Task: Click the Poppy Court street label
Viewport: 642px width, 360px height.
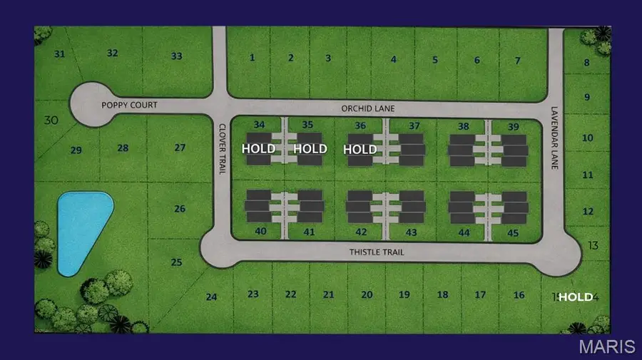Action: [x=129, y=105]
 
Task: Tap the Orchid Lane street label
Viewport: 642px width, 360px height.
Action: [x=368, y=108]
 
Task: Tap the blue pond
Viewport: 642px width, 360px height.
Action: [x=80, y=228]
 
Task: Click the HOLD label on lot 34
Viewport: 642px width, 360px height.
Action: [x=258, y=149]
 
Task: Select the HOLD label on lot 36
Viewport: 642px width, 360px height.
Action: [x=360, y=149]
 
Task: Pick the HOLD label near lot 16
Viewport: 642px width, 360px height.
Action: [x=575, y=297]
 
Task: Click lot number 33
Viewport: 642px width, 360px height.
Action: [x=177, y=56]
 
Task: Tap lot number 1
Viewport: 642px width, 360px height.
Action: [x=252, y=58]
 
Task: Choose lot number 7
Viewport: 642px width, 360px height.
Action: [x=518, y=60]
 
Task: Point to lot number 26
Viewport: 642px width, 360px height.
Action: [x=180, y=209]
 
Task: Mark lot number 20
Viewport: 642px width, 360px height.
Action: [x=367, y=294]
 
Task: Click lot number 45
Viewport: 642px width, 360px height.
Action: [x=513, y=232]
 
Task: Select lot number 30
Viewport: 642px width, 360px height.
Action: [x=51, y=120]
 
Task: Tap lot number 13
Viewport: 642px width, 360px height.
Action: [x=593, y=246]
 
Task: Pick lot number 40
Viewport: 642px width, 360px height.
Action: [x=260, y=231]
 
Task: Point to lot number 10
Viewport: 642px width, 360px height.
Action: [x=588, y=138]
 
